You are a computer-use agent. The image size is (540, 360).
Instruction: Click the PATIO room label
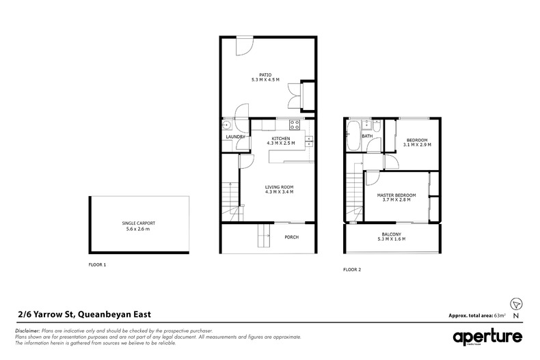(x=266, y=74)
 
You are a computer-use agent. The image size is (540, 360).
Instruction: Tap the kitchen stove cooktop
(x=295, y=124)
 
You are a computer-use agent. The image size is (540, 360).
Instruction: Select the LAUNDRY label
(x=236, y=137)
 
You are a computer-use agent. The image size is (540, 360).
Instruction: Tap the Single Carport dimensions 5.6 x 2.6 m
(x=137, y=230)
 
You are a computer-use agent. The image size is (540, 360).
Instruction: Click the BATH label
(x=367, y=136)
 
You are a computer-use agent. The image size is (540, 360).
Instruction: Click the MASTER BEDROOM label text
(x=396, y=196)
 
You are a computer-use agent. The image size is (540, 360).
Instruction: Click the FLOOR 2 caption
(x=352, y=270)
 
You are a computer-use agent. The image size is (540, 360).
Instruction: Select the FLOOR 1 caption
(x=98, y=264)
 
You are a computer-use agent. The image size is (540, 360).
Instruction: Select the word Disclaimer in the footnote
(x=26, y=330)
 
